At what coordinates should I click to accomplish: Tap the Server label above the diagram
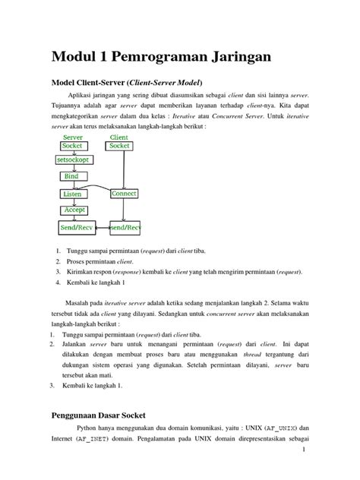73,137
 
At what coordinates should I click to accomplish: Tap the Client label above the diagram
120,137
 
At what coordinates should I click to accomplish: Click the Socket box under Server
73,145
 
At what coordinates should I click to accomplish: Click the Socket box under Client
120,145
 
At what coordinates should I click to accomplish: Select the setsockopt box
73,161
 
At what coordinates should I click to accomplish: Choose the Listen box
72,194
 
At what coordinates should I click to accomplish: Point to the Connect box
124,194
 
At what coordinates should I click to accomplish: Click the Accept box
74,209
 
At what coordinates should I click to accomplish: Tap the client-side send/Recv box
125,227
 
